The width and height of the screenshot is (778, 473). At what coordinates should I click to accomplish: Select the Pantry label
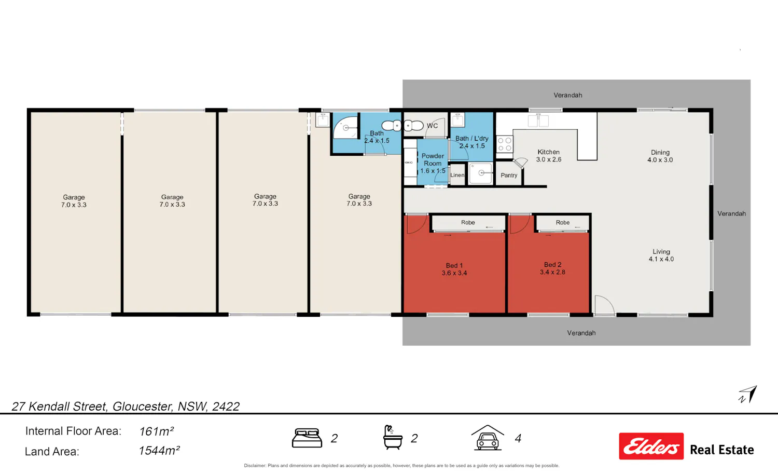[x=509, y=175]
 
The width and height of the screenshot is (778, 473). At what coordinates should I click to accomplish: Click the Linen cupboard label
[x=457, y=175]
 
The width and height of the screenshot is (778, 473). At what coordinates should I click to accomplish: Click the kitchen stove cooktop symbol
[x=505, y=144]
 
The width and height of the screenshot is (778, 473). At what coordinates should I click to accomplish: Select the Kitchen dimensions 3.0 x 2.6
[x=549, y=159]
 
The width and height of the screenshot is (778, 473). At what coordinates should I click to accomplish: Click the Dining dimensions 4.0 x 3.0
[x=660, y=160]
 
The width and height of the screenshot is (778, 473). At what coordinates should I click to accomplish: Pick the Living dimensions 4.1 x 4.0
[x=661, y=259]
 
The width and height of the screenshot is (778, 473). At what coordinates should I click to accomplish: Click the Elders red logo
[x=651, y=446]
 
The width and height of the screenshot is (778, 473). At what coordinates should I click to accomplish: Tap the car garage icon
[x=488, y=438]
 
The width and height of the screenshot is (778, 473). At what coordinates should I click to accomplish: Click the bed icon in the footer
[x=307, y=438]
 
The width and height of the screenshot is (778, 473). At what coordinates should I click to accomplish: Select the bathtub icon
[x=393, y=438]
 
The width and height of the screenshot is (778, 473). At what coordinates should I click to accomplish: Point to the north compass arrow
[x=748, y=395]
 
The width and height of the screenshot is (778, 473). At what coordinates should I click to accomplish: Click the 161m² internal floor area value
[x=156, y=431]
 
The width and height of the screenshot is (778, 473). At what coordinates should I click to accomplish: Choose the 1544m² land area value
[x=159, y=451]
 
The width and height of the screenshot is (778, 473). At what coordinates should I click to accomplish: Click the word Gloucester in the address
[x=143, y=406]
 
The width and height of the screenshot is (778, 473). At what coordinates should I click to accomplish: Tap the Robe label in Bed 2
[x=563, y=223]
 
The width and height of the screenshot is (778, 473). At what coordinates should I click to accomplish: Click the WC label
[x=432, y=126]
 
